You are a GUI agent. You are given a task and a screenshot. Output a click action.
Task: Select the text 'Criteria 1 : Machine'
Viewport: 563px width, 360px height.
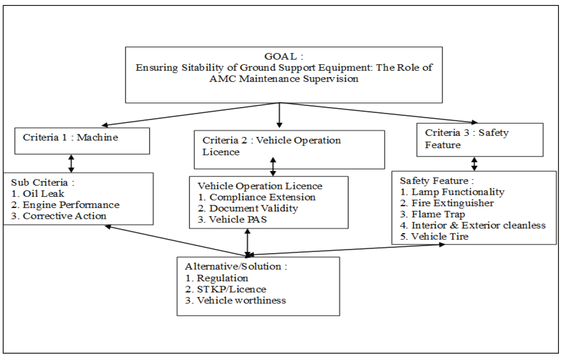[70, 137]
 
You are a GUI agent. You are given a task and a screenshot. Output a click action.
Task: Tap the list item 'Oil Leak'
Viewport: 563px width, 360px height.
[44, 194]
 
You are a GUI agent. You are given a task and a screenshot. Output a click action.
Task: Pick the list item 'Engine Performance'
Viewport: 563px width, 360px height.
[71, 205]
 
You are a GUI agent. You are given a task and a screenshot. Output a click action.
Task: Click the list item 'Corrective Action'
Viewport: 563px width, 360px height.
[64, 216]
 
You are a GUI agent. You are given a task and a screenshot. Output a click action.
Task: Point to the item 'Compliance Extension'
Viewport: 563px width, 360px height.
[262, 197]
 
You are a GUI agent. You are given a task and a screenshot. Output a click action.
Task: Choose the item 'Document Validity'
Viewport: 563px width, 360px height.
[253, 209]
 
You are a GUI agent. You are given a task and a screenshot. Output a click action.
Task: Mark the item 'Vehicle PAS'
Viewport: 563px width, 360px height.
[238, 219]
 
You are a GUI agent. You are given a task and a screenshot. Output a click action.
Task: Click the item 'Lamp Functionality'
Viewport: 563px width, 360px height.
[458, 192]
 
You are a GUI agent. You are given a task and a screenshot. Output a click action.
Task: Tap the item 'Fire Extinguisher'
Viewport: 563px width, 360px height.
[452, 203]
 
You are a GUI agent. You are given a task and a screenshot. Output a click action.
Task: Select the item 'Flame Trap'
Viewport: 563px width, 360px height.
[438, 214]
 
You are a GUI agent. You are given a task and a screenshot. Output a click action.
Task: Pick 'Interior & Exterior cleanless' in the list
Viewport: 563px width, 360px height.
[479, 225]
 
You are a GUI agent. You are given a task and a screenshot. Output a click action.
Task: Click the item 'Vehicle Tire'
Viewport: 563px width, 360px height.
[440, 236]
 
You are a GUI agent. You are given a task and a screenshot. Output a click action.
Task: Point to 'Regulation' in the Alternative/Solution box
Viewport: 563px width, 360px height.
[223, 278]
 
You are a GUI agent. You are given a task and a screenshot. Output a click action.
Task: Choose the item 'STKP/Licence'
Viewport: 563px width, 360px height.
[232, 289]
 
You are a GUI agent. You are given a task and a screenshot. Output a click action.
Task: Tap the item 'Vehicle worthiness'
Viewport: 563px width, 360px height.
[241, 301]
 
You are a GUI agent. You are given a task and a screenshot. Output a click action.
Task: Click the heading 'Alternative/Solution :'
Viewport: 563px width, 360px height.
[236, 267]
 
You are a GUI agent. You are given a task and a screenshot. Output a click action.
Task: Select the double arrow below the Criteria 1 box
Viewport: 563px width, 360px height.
[71, 163]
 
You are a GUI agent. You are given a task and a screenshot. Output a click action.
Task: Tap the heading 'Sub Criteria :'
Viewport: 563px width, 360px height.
[43, 183]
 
